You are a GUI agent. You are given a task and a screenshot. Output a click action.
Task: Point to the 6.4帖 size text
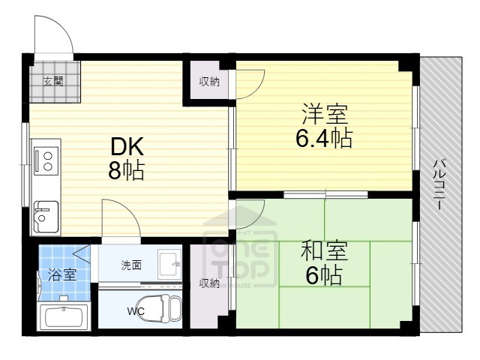[323, 139]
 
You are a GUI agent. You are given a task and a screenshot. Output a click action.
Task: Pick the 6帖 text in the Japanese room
[323, 276]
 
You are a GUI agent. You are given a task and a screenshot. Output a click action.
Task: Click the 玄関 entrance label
[53, 81]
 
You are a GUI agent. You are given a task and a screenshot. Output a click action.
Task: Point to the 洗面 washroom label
[131, 265]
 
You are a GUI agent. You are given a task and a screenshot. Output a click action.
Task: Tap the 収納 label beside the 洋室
[209, 82]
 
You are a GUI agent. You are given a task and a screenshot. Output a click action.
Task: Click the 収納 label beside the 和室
[209, 283]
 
